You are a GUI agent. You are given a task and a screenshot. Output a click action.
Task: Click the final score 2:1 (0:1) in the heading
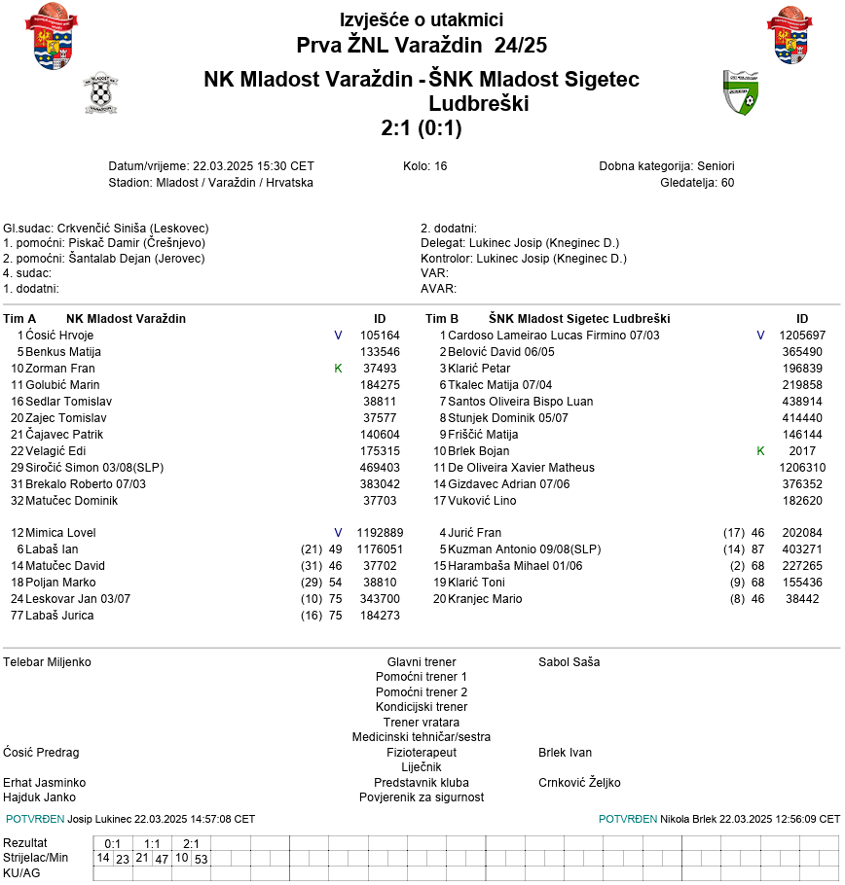pyautogui.click(x=422, y=128)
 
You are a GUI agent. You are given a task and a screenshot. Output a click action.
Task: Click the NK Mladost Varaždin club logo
pyautogui.click(x=100, y=93)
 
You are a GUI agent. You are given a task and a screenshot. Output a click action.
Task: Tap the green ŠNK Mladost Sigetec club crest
pyautogui.click(x=740, y=92)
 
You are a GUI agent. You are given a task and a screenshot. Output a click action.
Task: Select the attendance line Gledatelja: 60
pyautogui.click(x=697, y=182)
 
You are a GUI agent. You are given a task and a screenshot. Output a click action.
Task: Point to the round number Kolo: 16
pyautogui.click(x=424, y=166)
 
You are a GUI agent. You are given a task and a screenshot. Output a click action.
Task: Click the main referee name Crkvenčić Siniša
pyautogui.click(x=100, y=229)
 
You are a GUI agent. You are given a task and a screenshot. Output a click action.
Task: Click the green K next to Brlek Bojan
pyautogui.click(x=760, y=451)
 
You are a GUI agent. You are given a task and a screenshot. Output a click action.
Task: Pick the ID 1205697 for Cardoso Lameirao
pyautogui.click(x=802, y=336)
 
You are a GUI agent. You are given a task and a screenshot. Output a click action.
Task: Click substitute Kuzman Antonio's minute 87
pyautogui.click(x=758, y=549)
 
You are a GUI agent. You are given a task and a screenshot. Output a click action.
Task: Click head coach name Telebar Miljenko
pyautogui.click(x=48, y=662)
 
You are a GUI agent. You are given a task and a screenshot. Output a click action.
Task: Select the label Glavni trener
pyautogui.click(x=422, y=662)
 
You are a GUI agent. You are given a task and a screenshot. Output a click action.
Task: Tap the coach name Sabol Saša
pyautogui.click(x=569, y=662)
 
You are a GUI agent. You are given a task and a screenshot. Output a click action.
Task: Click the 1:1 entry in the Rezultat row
pyautogui.click(x=152, y=843)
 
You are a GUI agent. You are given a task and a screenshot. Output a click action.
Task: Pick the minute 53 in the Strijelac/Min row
pyautogui.click(x=201, y=859)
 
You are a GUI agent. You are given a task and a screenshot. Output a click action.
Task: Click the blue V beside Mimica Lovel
pyautogui.click(x=338, y=533)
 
